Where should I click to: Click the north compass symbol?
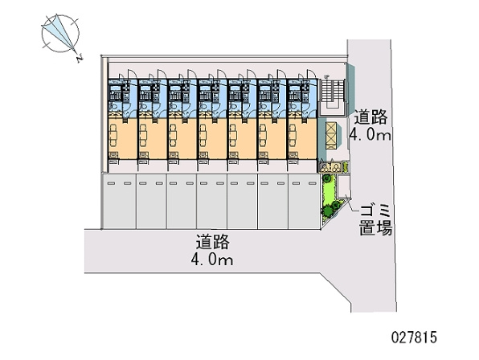point(60,33)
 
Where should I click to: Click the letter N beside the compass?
point(80,58)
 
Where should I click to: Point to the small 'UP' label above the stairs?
point(327,76)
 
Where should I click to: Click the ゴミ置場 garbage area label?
point(376,220)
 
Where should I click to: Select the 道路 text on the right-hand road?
point(371,117)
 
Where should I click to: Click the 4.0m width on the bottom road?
point(212,260)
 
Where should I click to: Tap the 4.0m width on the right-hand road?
point(370,134)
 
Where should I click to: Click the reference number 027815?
point(414,337)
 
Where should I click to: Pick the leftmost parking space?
point(120,202)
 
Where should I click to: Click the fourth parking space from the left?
point(211,202)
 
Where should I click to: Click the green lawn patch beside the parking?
point(329,195)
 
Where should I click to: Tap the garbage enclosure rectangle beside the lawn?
point(343,186)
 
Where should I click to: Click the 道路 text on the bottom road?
point(213,241)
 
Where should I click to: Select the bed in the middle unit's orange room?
point(203,136)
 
